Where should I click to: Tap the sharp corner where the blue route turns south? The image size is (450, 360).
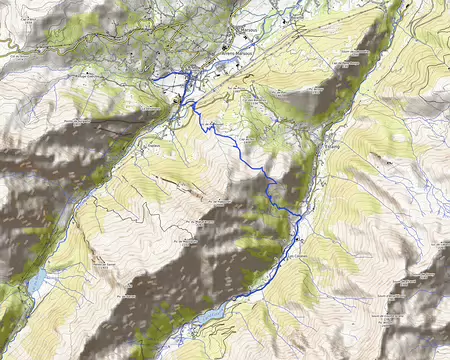pyautogui.click(x=192, y=76)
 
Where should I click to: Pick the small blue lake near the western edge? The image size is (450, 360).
pyautogui.click(x=36, y=283)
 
